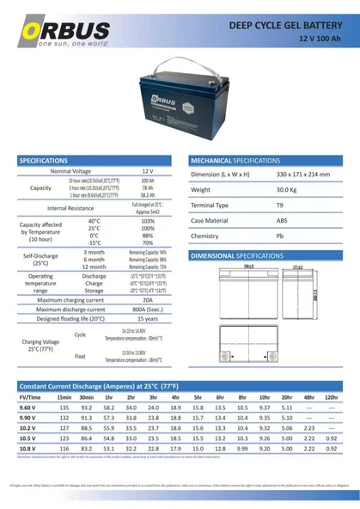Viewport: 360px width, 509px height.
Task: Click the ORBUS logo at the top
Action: coord(64,32)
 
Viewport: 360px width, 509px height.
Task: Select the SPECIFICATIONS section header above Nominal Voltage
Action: coord(44,160)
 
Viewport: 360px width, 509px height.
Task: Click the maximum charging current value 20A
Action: coord(148,299)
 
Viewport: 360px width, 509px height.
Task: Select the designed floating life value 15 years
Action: coord(148,318)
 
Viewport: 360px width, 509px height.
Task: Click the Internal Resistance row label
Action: coord(70,208)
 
